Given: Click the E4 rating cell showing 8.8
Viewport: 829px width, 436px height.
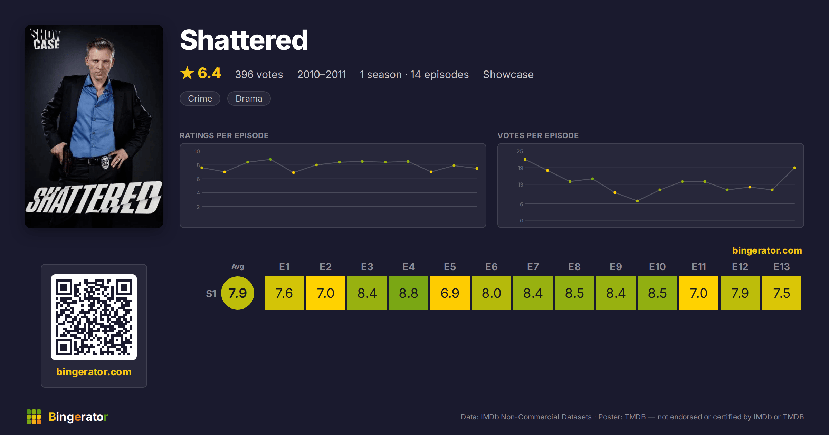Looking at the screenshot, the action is tap(408, 293).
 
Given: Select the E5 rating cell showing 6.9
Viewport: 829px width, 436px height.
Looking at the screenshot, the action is tap(450, 293).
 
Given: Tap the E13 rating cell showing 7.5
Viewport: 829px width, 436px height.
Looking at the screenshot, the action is tap(781, 293).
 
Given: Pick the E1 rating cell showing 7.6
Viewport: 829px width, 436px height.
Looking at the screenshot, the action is tap(284, 293).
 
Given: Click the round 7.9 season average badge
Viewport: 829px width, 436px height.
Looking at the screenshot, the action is tap(238, 293).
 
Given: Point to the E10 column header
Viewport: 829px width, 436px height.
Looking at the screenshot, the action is tap(657, 267).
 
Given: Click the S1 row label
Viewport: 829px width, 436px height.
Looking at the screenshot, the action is tap(211, 294).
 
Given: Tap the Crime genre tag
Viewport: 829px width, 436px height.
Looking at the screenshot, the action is tap(200, 98).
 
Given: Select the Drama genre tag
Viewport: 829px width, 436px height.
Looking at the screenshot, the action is tap(249, 98).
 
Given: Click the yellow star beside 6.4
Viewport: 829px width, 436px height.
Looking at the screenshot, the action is tap(187, 73).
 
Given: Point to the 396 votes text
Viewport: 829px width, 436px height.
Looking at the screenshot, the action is tap(259, 75).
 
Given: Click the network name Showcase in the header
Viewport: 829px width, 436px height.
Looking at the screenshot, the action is tap(508, 75).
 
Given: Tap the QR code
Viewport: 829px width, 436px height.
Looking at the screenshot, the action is tap(94, 317).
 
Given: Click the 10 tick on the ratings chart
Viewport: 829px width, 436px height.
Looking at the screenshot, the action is tap(197, 151).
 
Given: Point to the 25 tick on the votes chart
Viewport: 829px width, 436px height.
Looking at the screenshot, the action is tap(520, 151).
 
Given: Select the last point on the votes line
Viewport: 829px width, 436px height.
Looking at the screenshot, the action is tap(795, 168).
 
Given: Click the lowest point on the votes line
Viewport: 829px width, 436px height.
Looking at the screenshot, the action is tap(637, 201).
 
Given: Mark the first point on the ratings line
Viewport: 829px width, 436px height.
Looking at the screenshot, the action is tap(202, 168).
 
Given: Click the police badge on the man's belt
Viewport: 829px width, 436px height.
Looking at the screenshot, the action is tap(105, 162).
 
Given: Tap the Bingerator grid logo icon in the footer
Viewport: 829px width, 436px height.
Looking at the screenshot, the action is tap(34, 417).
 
